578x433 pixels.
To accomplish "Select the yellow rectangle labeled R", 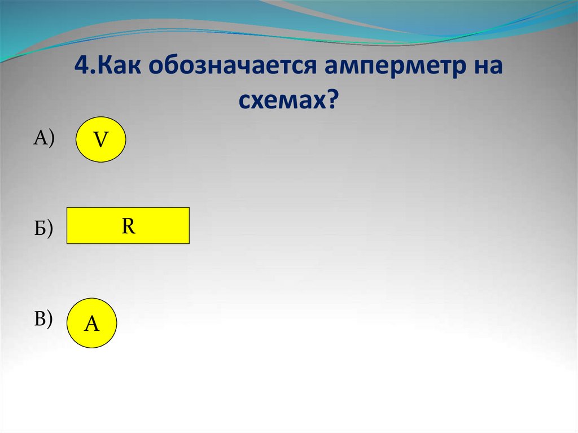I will coord(128,226).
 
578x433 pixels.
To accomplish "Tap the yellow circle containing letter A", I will coord(91,323).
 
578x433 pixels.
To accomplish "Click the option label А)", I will coord(44,137).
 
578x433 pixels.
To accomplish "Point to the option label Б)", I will coord(43,228).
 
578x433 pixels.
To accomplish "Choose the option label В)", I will coord(43,319).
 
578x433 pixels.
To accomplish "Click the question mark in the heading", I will coord(333,100).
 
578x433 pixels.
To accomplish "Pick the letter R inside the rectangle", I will coord(128,226).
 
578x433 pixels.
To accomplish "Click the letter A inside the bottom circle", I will coord(91,324).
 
